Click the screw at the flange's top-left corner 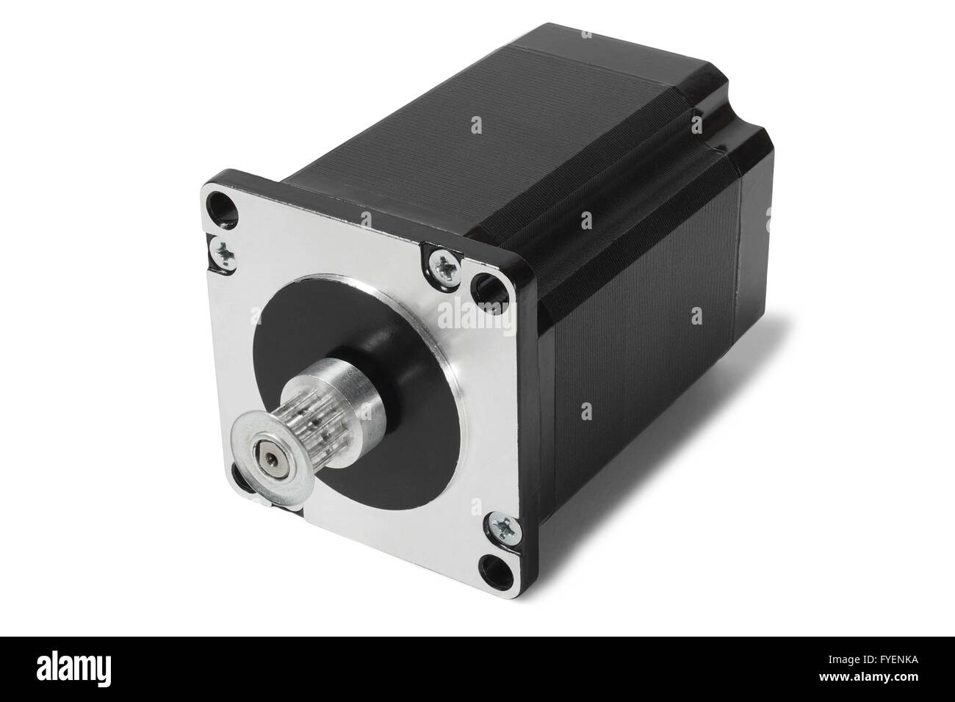[222, 252]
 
